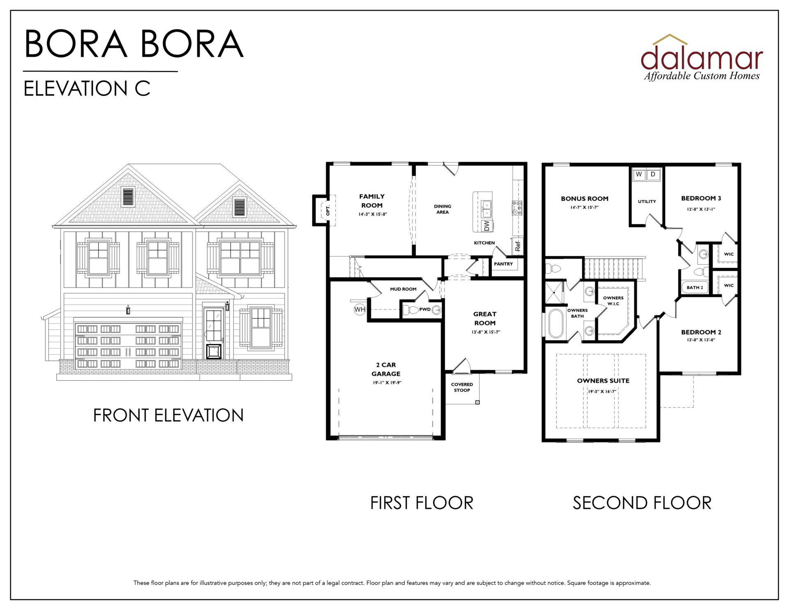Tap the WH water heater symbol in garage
360,310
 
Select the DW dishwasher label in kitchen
487,225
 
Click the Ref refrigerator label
517,246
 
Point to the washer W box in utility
639,174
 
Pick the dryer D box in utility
653,174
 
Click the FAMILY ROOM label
372,201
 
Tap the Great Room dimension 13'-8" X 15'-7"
486,332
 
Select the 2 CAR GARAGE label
386,369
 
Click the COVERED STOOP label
462,387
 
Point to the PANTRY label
503,264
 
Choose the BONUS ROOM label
585,199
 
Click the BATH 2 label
695,287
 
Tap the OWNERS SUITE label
603,381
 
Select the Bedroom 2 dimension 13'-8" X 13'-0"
701,340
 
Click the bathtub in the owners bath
556,323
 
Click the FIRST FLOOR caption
422,503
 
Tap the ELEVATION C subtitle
87,88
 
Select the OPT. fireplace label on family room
328,210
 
